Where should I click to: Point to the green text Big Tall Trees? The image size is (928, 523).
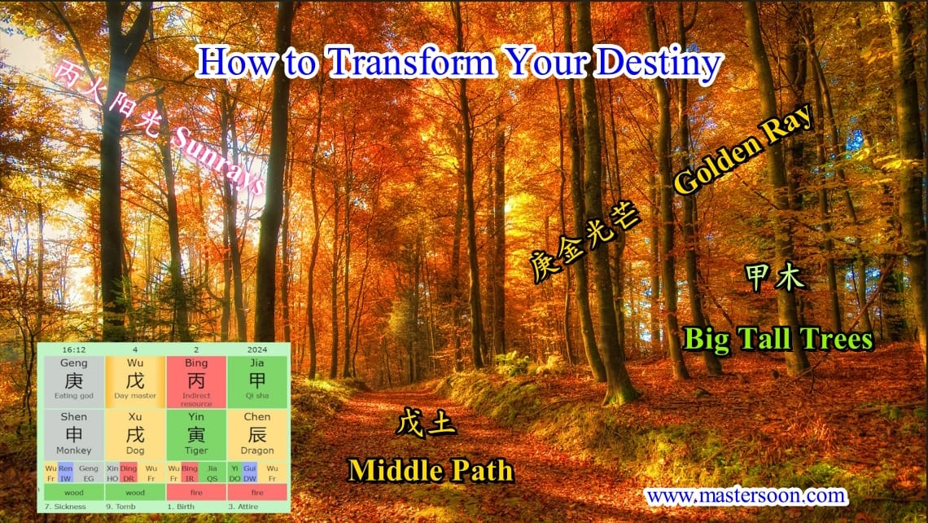pyautogui.click(x=777, y=338)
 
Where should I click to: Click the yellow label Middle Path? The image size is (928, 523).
pyautogui.click(x=431, y=470)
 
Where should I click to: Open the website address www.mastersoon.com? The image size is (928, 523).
pyautogui.click(x=745, y=494)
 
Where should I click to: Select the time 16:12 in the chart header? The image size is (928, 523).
pyautogui.click(x=74, y=349)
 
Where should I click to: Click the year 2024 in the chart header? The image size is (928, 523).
pyautogui.click(x=256, y=349)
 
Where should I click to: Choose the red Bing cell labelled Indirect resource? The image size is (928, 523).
pyautogui.click(x=196, y=381)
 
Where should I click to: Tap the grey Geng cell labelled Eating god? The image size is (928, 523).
pyautogui.click(x=73, y=381)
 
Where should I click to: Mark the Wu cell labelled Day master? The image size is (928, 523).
pyautogui.click(x=135, y=381)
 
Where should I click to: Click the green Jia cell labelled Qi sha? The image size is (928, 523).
pyautogui.click(x=257, y=381)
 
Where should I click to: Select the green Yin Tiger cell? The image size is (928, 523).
pyautogui.click(x=196, y=434)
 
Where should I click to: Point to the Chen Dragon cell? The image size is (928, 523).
pyautogui.click(x=257, y=434)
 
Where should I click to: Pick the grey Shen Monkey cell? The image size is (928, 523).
pyautogui.click(x=73, y=434)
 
